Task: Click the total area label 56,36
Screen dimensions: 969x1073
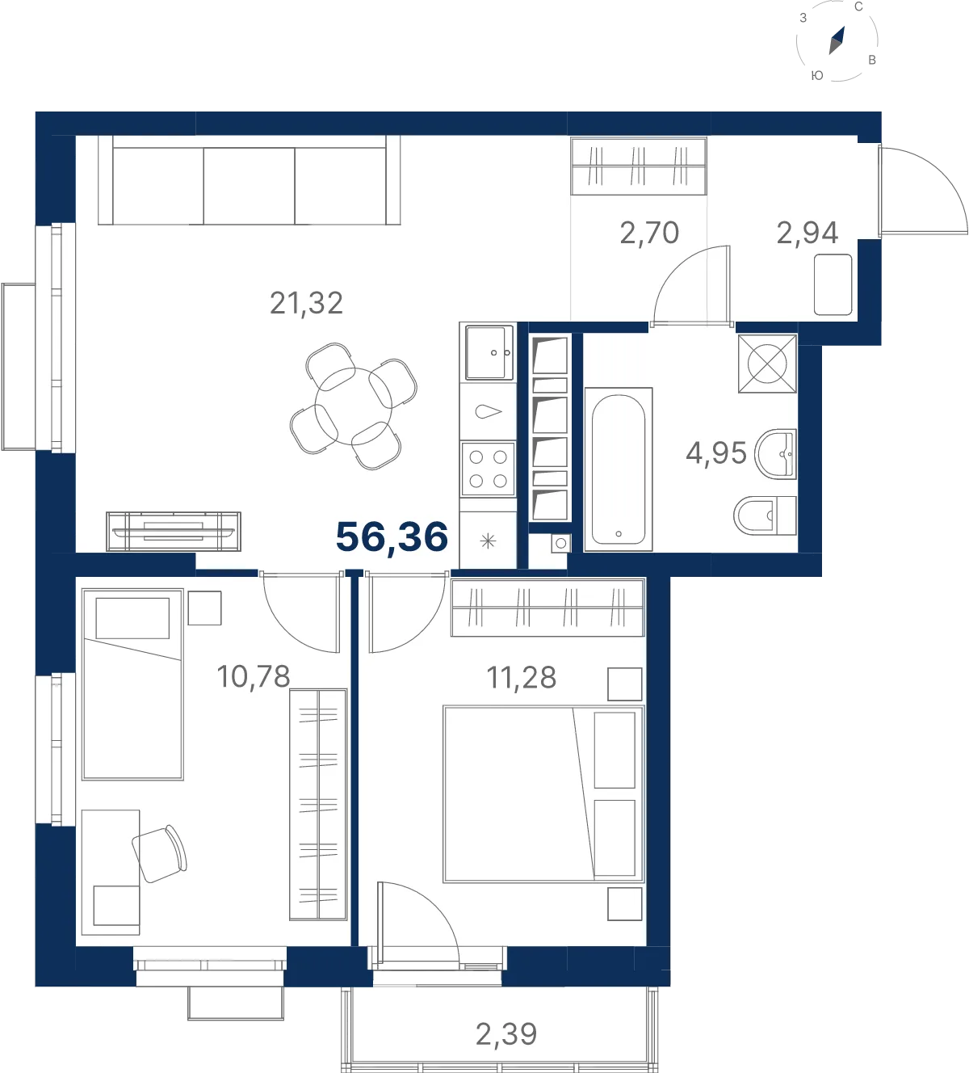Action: tap(392, 537)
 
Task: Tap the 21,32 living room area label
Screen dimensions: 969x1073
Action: tap(306, 303)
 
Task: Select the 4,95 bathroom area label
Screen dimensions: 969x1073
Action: tap(716, 453)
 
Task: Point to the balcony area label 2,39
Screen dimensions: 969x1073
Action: tap(505, 1034)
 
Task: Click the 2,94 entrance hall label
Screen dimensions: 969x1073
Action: tap(807, 234)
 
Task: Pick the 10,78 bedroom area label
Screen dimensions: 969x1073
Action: tap(254, 676)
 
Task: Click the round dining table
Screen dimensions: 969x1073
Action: tap(354, 406)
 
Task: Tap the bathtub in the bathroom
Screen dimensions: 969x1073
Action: tap(619, 469)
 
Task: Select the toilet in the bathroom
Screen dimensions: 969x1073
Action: tap(765, 515)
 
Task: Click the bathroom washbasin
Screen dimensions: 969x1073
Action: tap(776, 454)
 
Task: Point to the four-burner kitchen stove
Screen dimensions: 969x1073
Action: tap(488, 469)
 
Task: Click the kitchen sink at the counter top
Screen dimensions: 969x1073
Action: tap(489, 353)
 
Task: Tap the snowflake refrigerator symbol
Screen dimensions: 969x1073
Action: tap(488, 541)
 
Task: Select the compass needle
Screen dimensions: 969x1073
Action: tap(837, 40)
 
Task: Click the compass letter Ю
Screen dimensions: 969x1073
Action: tap(817, 75)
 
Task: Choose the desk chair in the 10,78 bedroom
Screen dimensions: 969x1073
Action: tap(159, 854)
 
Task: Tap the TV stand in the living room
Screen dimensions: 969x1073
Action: tap(174, 531)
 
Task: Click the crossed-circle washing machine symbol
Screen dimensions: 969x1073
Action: tap(767, 364)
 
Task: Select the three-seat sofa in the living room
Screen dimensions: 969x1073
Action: tap(250, 179)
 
